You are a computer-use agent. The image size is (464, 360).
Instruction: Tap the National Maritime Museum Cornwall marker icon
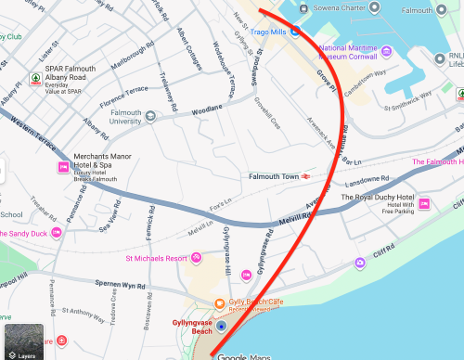308,46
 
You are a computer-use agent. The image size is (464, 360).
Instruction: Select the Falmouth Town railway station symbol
304,176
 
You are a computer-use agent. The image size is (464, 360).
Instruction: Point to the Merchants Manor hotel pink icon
63,167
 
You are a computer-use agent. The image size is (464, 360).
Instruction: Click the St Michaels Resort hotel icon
196,257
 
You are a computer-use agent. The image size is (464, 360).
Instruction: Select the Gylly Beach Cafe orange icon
219,303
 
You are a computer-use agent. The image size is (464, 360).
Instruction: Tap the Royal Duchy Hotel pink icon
423,203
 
